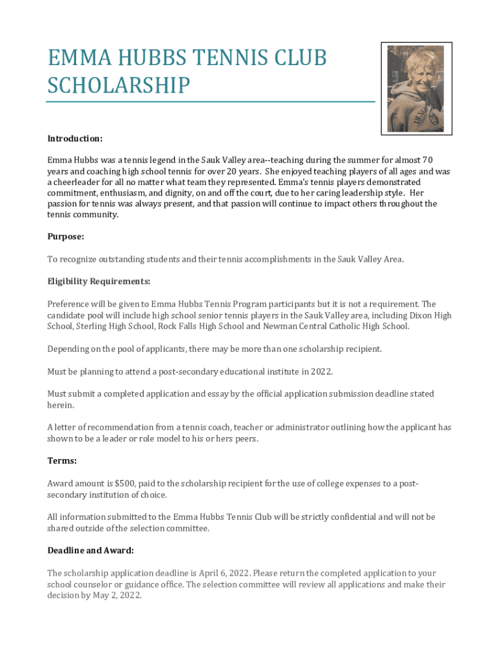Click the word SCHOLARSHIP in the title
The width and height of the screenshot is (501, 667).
pyautogui.click(x=118, y=85)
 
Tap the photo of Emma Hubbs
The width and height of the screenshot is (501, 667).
pyautogui.click(x=416, y=89)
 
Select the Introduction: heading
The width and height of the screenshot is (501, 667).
pyautogui.click(x=75, y=139)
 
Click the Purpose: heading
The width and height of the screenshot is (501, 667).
pyautogui.click(x=66, y=237)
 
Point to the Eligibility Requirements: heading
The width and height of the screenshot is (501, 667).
pyautogui.click(x=99, y=281)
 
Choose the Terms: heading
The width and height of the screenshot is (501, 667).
pyautogui.click(x=62, y=461)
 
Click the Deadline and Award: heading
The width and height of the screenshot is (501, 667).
pyautogui.click(x=90, y=550)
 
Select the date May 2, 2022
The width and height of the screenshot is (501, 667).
pyautogui.click(x=117, y=595)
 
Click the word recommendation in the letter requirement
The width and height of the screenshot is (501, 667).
pyautogui.click(x=107, y=427)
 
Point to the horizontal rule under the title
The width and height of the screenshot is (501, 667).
pyautogui.click(x=211, y=102)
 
